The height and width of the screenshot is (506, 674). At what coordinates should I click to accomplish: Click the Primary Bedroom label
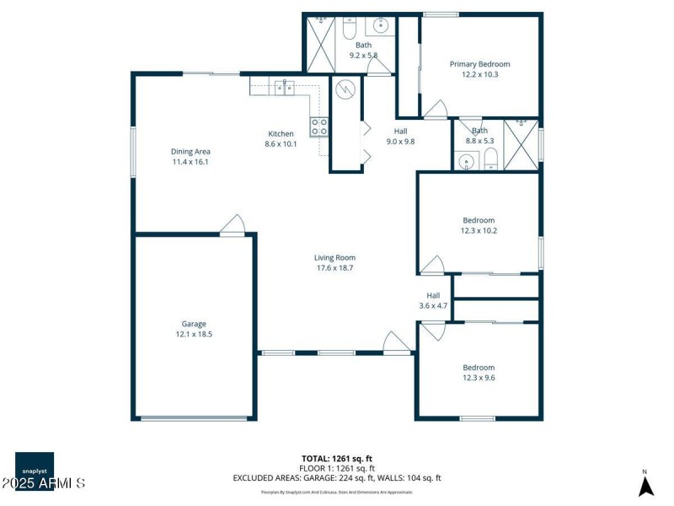click(479, 63)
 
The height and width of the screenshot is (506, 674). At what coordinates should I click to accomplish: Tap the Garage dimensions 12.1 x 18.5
click(194, 334)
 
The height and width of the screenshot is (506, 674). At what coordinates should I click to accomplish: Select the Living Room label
click(334, 258)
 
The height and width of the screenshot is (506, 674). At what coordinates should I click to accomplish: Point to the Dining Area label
click(190, 151)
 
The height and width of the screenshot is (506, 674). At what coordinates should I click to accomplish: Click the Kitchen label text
click(281, 133)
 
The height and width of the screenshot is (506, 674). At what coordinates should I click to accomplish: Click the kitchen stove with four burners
click(319, 126)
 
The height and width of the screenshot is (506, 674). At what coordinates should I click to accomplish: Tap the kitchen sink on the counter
click(285, 84)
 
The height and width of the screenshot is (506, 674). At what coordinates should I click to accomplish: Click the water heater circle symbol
click(345, 89)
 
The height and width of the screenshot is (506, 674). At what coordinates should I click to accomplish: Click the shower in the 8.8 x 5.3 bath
click(521, 144)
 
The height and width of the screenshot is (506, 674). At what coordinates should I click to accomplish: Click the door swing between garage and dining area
click(233, 223)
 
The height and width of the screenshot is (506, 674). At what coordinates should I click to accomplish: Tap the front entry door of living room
click(395, 342)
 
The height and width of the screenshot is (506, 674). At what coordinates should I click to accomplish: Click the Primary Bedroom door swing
click(436, 109)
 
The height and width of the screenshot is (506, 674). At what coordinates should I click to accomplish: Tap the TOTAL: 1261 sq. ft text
click(337, 458)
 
